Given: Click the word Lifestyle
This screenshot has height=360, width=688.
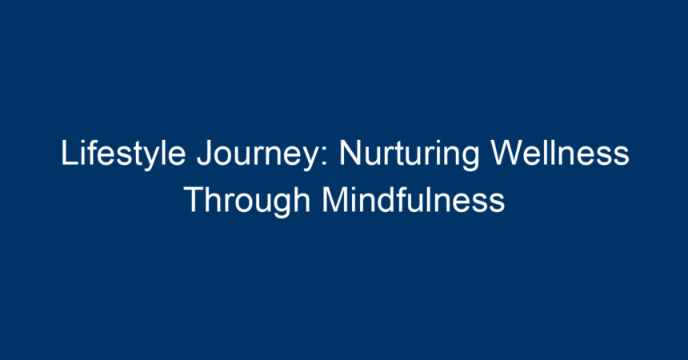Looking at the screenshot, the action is coord(123,154).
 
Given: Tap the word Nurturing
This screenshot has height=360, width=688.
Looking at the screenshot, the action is coord(410,154).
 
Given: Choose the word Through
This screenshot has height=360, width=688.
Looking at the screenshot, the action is coord(247,201).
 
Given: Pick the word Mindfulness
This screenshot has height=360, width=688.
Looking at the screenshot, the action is coord(414,200).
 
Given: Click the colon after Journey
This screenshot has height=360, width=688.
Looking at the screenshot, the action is coord(324,156).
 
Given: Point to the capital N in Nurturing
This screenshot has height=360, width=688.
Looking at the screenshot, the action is coord(350,152).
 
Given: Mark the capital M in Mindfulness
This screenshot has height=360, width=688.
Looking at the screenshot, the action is coord(334,200).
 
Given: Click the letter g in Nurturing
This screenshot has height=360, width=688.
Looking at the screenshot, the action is coord(470,159).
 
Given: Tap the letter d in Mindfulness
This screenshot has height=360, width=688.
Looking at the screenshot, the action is coord(388,200).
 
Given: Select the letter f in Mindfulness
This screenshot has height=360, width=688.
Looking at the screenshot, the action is coord(404,199).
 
